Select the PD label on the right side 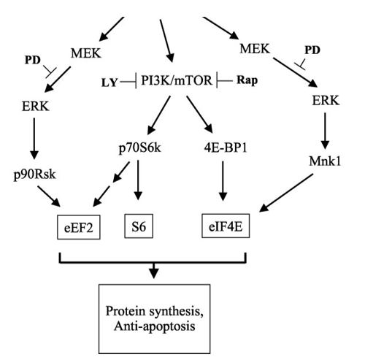(311, 51)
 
